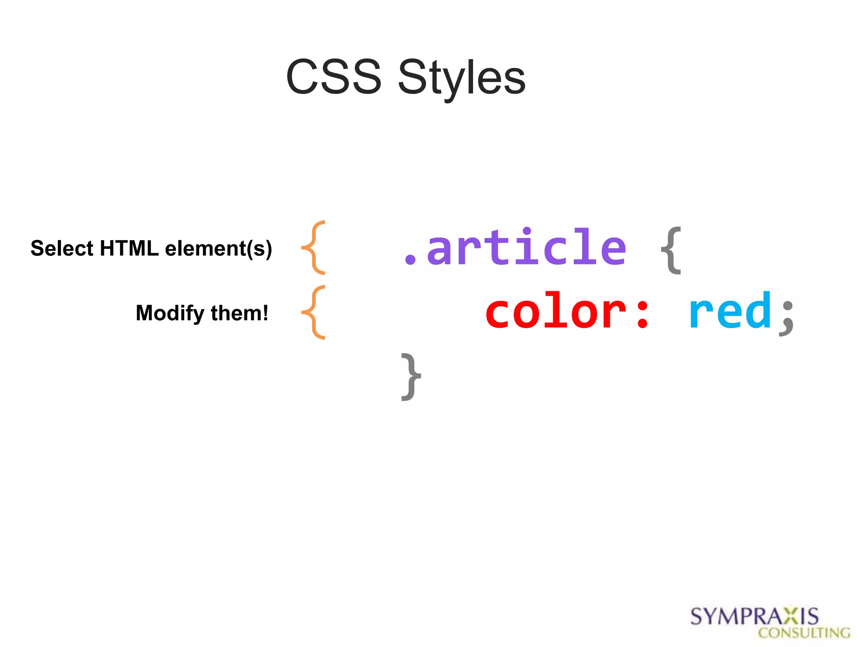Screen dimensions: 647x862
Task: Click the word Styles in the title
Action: (x=462, y=78)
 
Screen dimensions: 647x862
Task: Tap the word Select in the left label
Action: (x=62, y=248)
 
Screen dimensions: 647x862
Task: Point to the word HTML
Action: (x=129, y=248)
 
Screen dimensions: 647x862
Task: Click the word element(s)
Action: (x=218, y=249)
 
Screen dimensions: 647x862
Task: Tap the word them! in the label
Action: (x=239, y=313)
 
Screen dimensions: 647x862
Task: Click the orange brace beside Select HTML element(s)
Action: (x=314, y=248)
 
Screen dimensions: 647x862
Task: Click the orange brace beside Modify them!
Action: (x=314, y=313)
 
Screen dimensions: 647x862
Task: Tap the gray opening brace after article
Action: (x=671, y=250)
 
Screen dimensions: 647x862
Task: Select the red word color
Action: (x=556, y=312)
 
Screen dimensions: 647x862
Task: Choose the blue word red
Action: (x=730, y=312)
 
